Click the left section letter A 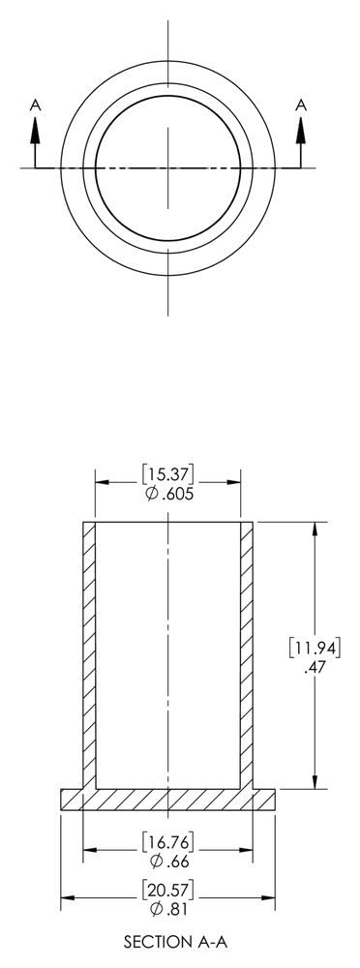36,103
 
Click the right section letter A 301,103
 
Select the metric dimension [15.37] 167,474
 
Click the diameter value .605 173,493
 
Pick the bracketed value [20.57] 167,888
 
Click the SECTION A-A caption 168,940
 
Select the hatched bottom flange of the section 168,799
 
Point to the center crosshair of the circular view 168,167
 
